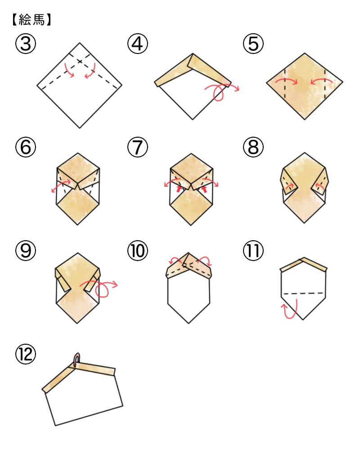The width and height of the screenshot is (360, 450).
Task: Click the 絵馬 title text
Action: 31,20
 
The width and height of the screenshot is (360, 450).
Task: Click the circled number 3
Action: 26,44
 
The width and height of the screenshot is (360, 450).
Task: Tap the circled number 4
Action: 138,44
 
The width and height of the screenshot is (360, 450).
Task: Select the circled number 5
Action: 253,44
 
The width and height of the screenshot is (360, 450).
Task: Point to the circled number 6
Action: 26,147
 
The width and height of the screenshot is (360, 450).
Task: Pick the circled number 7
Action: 138,147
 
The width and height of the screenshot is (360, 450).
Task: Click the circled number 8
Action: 253,147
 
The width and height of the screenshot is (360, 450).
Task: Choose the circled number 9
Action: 26,250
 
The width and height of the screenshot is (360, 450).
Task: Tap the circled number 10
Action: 138,250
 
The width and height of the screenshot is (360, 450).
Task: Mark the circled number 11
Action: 253,250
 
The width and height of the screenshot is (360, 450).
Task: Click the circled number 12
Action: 26,354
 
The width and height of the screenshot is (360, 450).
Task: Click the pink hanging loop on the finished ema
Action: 76,359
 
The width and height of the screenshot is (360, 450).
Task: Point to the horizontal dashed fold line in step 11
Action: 303,293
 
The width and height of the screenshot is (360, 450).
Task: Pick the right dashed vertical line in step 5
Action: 325,84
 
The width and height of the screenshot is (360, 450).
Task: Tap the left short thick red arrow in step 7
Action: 179,189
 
